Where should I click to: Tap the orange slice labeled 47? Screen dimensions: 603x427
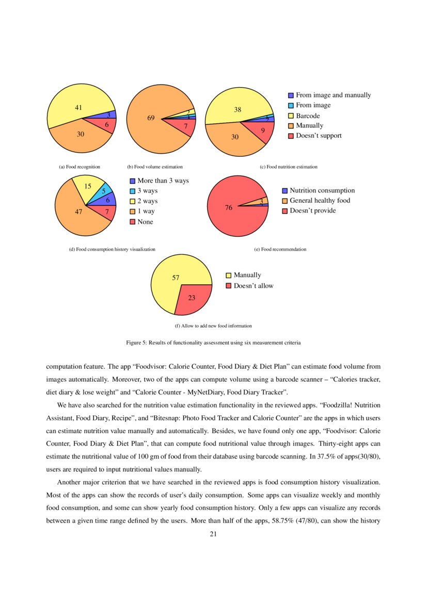point(77,211)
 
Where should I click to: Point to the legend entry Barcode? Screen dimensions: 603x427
point(307,116)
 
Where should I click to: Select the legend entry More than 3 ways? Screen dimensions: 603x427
point(163,181)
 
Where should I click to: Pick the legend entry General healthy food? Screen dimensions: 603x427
point(320,200)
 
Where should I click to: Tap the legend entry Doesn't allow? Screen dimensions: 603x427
point(253,285)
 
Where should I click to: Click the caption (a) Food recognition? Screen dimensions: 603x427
point(80,167)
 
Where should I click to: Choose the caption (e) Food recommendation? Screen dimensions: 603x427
point(280,249)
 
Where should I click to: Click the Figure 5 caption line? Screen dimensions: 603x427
point(213,342)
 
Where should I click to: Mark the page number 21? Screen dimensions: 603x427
point(213,534)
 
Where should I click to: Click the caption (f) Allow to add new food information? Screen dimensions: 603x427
point(213,325)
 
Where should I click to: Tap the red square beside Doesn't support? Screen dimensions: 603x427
point(291,136)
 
